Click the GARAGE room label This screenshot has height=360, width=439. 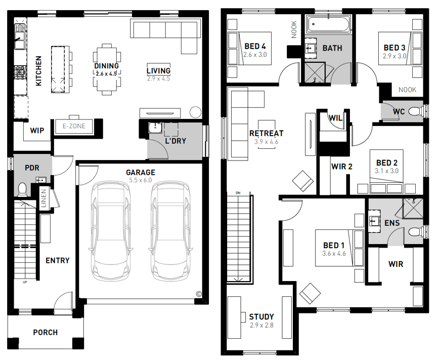[x=140, y=173]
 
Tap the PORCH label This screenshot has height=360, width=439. [x=46, y=333]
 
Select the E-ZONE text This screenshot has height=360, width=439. [x=74, y=126]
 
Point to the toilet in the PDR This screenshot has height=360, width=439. [x=22, y=189]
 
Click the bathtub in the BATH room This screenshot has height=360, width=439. [x=328, y=24]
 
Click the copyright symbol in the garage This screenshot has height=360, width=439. [x=198, y=294]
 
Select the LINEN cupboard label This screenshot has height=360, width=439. [x=43, y=198]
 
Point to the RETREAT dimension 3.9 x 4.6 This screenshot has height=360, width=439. [x=266, y=142]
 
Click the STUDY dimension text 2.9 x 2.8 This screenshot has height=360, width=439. [x=261, y=326]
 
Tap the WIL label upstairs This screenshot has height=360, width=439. [x=335, y=118]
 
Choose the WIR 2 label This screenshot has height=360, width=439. [x=341, y=167]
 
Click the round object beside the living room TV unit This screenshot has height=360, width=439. [x=195, y=112]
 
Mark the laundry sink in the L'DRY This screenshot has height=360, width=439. [x=155, y=128]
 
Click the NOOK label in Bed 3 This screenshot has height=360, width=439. [x=407, y=90]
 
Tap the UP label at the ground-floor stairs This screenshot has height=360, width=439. [x=25, y=282]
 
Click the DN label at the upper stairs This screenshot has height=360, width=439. [x=238, y=193]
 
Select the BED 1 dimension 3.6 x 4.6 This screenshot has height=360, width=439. [x=334, y=254]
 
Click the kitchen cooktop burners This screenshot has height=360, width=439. [x=20, y=72]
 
